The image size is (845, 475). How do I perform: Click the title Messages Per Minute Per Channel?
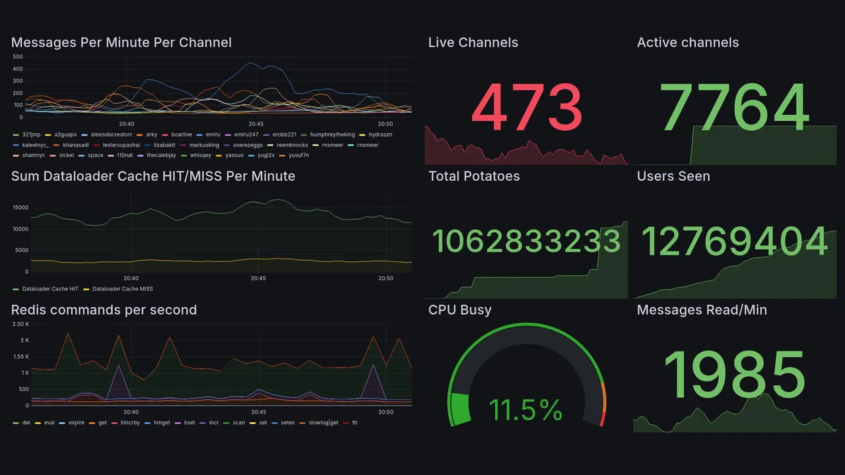[121, 43]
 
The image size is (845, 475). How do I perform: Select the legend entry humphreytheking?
[332, 135]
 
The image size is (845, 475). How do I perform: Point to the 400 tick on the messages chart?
[18, 69]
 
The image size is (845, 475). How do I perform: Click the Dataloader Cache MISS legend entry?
[122, 289]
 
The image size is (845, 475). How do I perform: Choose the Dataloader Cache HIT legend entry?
[50, 289]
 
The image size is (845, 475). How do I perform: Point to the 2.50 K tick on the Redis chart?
[20, 324]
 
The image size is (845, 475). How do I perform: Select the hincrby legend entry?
[125, 423]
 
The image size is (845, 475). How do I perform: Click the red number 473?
[527, 108]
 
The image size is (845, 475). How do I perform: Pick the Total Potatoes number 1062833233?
[526, 241]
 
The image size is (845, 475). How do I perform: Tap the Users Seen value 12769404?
[735, 241]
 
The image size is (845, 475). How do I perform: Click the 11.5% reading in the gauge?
[526, 410]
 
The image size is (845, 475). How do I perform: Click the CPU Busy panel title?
[460, 310]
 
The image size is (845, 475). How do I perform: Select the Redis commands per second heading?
[104, 310]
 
